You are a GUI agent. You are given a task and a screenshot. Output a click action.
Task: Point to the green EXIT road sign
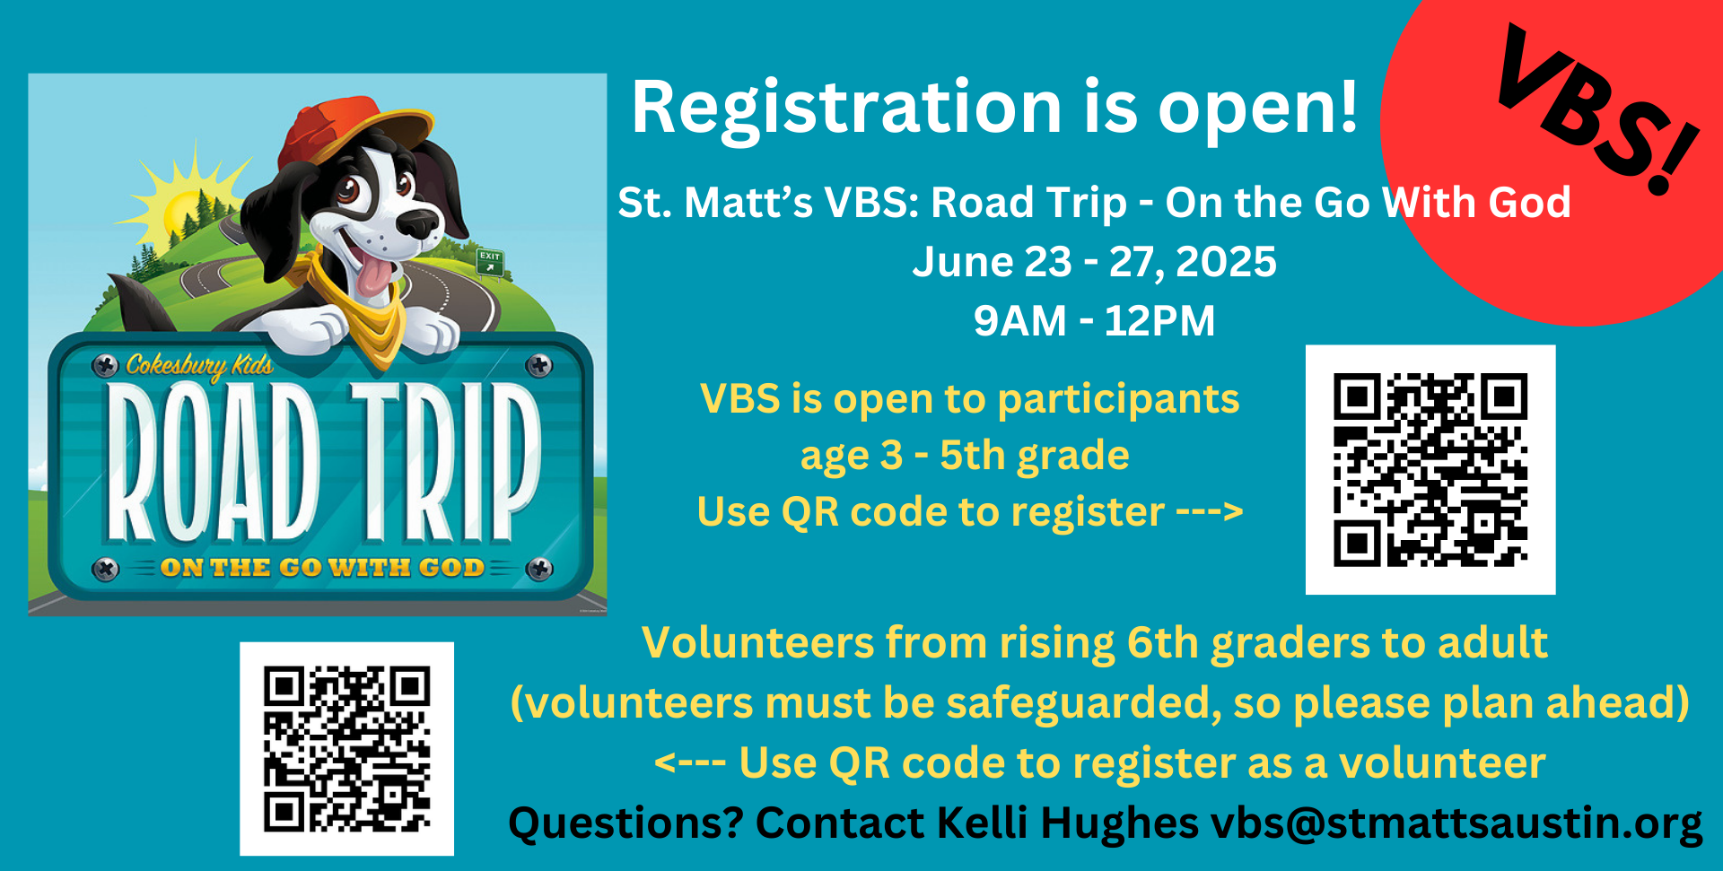pos(490,261)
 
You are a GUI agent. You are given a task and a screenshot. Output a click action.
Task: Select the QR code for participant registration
pos(1430,469)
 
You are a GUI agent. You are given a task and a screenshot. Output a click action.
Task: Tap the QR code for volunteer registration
pos(346,748)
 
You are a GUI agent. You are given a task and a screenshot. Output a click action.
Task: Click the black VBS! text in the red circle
pos(1597,108)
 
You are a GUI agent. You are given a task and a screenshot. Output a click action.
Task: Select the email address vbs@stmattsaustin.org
pos(1456,823)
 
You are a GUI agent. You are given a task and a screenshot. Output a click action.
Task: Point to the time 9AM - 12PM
pos(1094,320)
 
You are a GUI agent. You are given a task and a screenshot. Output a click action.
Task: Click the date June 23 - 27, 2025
pos(1094,262)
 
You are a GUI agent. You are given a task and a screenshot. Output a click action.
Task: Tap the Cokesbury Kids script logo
pos(199,365)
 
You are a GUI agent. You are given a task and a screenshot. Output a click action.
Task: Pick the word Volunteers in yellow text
pos(757,643)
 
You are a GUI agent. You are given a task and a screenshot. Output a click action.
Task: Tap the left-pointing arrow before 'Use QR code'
pos(689,763)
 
